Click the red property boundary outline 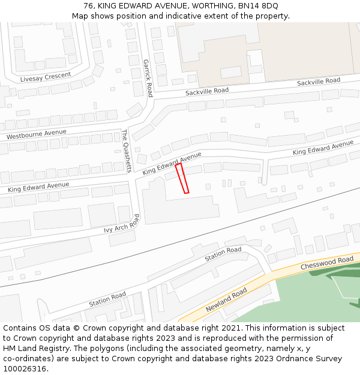tap(182, 178)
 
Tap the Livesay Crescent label tap(46, 77)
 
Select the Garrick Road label tap(148, 78)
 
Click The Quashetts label tap(126, 151)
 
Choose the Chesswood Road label tap(327, 263)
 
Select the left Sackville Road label tap(207, 91)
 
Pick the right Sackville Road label tap(319, 81)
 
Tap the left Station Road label tap(107, 299)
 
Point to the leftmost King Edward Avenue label tap(38, 187)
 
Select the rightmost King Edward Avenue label tap(323, 148)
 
